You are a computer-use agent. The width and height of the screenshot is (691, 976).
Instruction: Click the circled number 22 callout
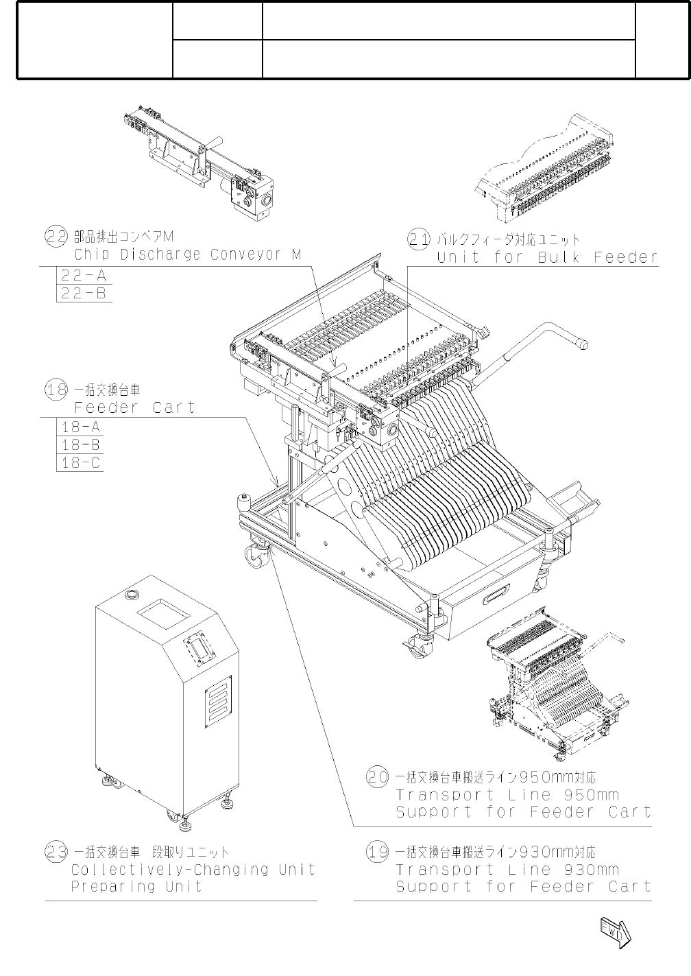(56, 237)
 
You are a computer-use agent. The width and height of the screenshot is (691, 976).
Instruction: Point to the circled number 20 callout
(378, 778)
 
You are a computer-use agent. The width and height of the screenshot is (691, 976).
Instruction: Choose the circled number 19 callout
(378, 853)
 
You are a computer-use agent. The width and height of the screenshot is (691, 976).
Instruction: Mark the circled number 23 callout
(56, 853)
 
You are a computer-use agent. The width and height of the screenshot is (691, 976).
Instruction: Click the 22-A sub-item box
(84, 276)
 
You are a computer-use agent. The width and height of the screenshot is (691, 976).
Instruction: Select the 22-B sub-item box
(84, 294)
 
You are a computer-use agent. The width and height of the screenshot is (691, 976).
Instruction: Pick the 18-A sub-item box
(80, 427)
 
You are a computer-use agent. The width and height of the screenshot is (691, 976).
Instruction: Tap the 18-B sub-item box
(80, 444)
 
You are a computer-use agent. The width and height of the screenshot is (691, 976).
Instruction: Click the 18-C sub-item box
(80, 462)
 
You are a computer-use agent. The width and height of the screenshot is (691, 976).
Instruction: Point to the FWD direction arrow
(614, 931)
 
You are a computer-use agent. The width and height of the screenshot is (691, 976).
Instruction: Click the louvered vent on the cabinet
(218, 700)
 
